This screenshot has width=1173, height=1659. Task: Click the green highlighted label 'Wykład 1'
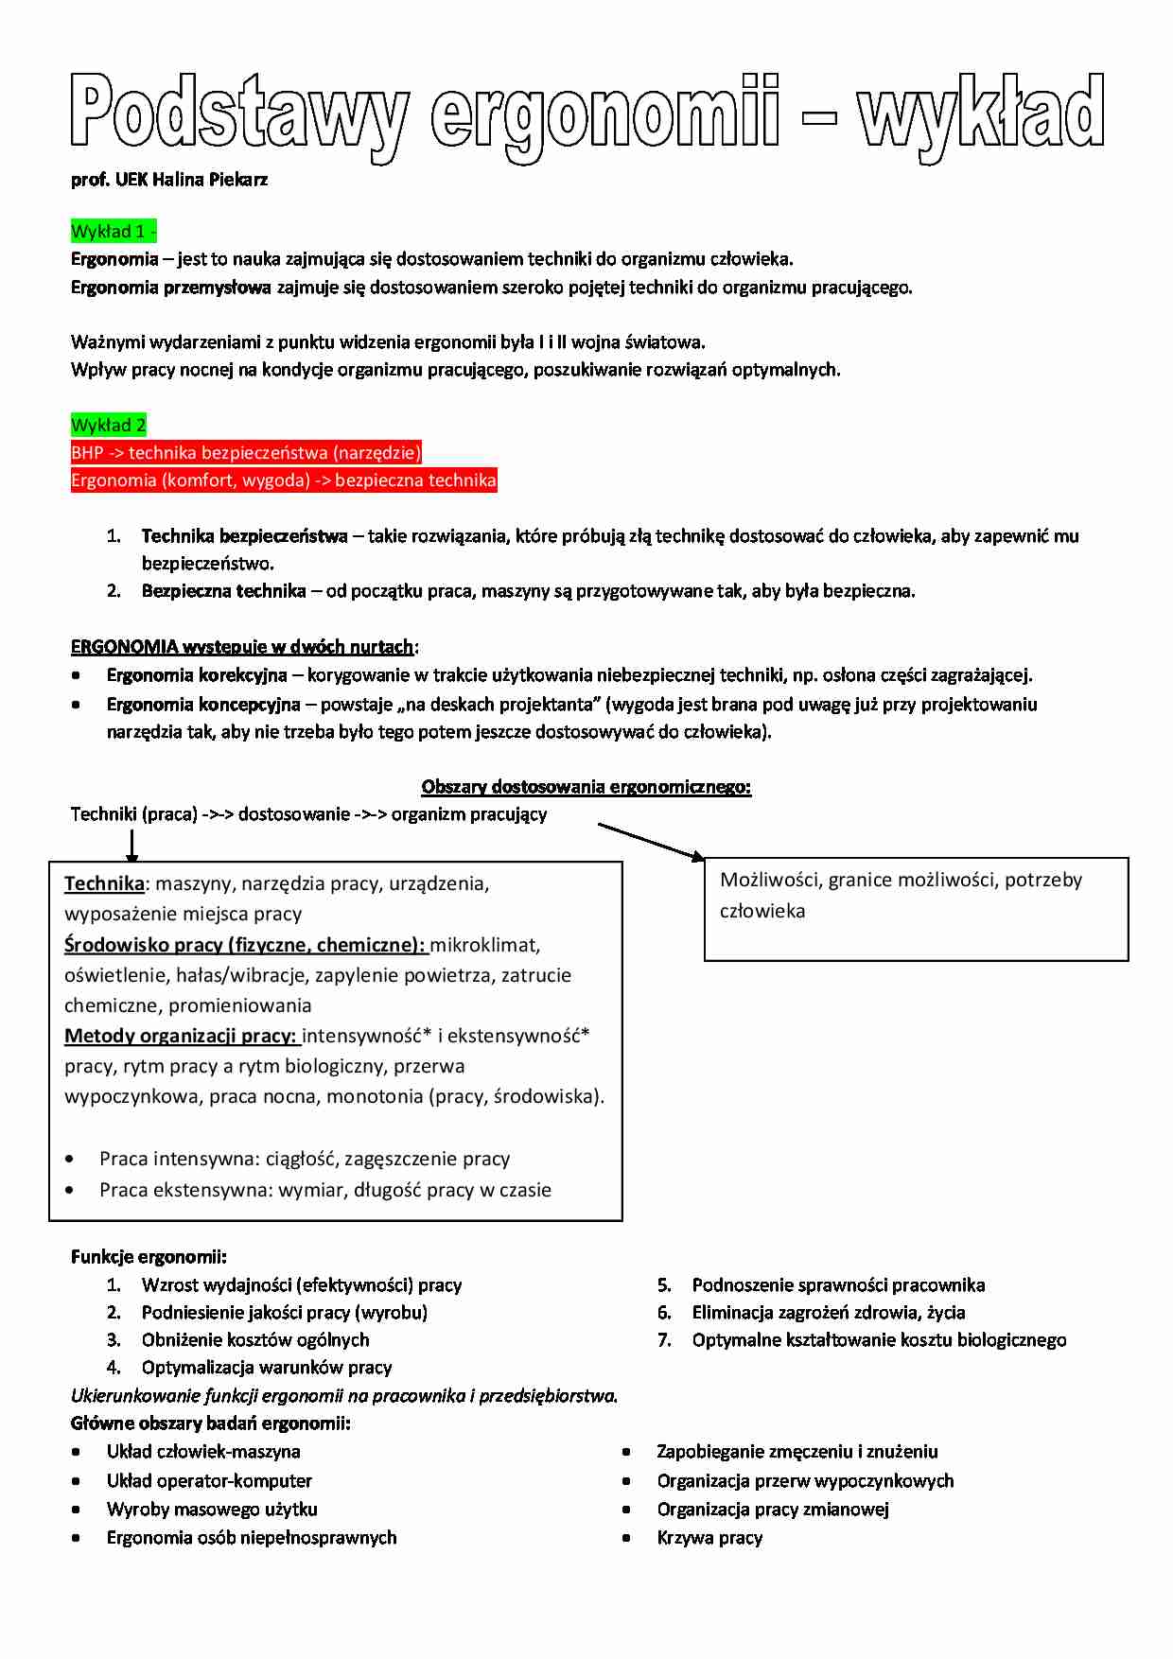tap(112, 232)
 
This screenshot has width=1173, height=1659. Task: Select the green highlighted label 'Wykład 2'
tap(108, 425)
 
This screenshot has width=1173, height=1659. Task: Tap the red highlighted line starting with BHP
tap(246, 452)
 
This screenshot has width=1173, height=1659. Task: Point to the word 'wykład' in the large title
tap(980, 114)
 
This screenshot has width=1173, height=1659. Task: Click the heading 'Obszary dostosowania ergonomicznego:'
tap(586, 787)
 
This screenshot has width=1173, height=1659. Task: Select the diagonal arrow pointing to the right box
tap(651, 841)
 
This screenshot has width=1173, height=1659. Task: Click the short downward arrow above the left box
tap(132, 845)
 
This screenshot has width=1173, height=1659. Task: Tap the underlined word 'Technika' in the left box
tap(104, 883)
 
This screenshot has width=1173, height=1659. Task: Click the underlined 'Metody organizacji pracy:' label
tap(181, 1036)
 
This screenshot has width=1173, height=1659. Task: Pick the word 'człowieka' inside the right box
tap(762, 911)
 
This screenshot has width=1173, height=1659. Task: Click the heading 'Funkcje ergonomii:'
tap(149, 1257)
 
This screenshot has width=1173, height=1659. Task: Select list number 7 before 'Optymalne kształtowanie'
tap(664, 1340)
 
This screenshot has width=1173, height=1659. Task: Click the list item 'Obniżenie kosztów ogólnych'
tap(255, 1340)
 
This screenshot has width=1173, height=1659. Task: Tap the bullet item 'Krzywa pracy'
tap(709, 1538)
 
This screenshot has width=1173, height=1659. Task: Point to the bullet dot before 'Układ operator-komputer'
tap(76, 1481)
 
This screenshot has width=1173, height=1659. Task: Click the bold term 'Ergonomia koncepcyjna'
tap(203, 705)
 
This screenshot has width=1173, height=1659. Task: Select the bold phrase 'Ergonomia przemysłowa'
tap(171, 288)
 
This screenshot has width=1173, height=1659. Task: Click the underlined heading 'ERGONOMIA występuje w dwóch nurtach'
tap(242, 647)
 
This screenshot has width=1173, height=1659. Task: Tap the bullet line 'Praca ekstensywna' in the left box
tap(324, 1190)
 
